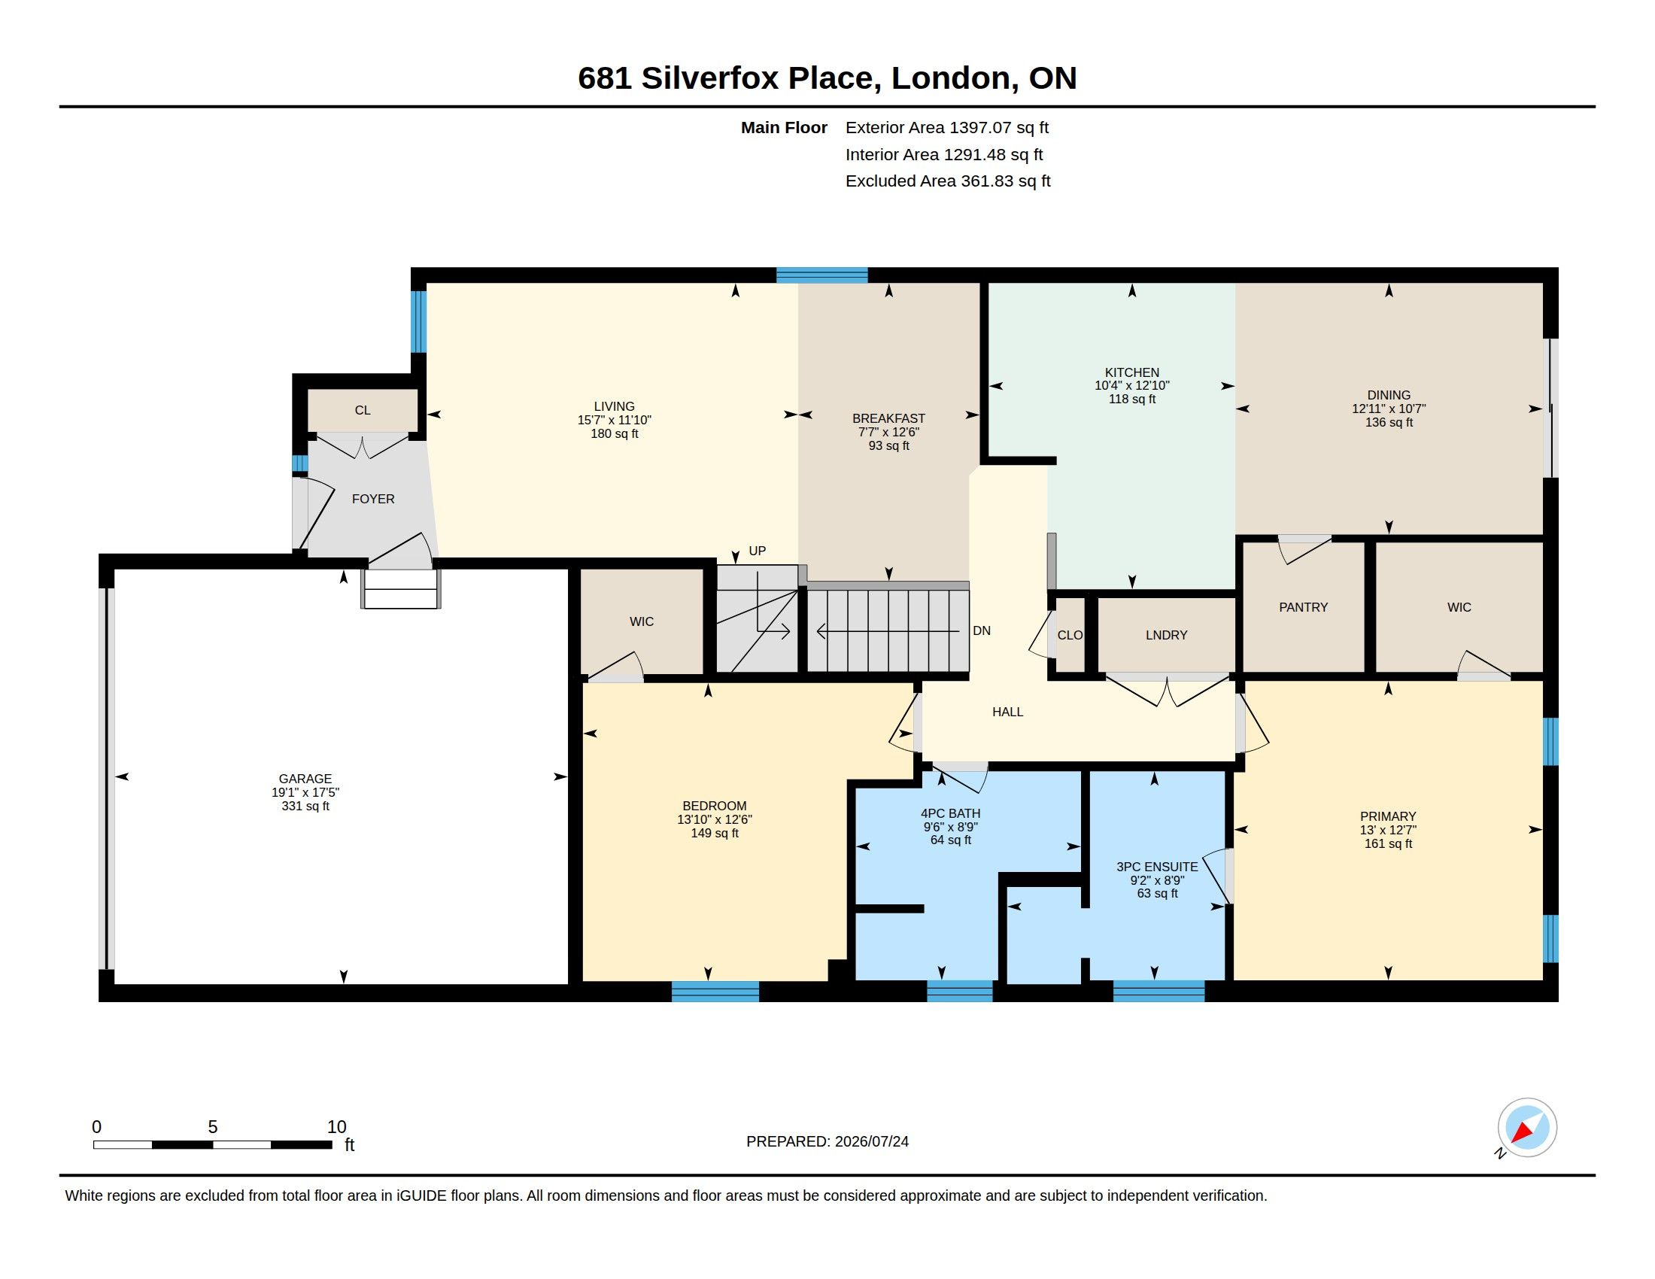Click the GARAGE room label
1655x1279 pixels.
pyautogui.click(x=305, y=778)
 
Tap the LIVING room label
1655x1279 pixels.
pyautogui.click(x=614, y=406)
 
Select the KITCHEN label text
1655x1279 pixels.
pyautogui.click(x=1131, y=372)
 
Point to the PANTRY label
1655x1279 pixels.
pyautogui.click(x=1304, y=607)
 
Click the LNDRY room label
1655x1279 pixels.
pyautogui.click(x=1166, y=635)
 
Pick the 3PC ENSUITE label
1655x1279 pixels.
pyautogui.click(x=1157, y=867)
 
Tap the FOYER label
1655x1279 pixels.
pyautogui.click(x=373, y=499)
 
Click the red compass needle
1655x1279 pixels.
pyautogui.click(x=1522, y=1132)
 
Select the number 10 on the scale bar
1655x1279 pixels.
pyautogui.click(x=336, y=1127)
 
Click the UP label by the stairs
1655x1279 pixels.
pyautogui.click(x=757, y=551)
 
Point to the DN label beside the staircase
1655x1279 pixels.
pyautogui.click(x=981, y=630)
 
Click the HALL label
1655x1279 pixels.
pyautogui.click(x=1007, y=712)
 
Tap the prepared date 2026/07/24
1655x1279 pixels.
pyautogui.click(x=871, y=1141)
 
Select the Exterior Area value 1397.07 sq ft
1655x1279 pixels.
pyautogui.click(x=1000, y=127)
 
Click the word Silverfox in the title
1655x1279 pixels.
pyautogui.click(x=710, y=77)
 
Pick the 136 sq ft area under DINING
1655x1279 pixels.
pyautogui.click(x=1388, y=422)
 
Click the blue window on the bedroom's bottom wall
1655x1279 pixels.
pyautogui.click(x=715, y=991)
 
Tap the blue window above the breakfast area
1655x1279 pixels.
pyautogui.click(x=821, y=275)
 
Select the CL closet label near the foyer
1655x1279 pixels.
pyautogui.click(x=363, y=410)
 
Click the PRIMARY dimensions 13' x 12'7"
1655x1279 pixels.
pyautogui.click(x=1387, y=830)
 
